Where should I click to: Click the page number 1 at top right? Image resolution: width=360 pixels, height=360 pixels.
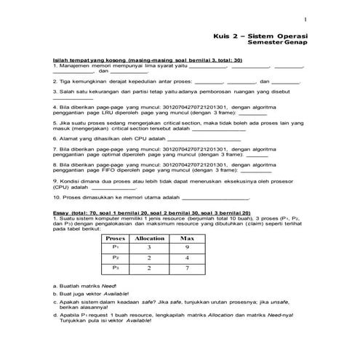tap(305, 19)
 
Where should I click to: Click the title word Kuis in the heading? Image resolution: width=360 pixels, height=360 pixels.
tap(223, 36)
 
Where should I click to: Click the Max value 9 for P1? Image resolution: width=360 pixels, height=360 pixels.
tap(187, 248)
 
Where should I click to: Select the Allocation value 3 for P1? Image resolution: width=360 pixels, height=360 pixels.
tap(149, 248)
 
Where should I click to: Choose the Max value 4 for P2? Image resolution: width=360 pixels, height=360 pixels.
tap(187, 258)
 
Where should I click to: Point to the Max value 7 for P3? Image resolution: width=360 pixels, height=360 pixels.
tap(187, 268)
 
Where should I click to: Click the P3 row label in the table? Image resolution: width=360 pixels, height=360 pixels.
tap(116, 268)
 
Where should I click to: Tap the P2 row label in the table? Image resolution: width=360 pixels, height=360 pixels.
tap(116, 258)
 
